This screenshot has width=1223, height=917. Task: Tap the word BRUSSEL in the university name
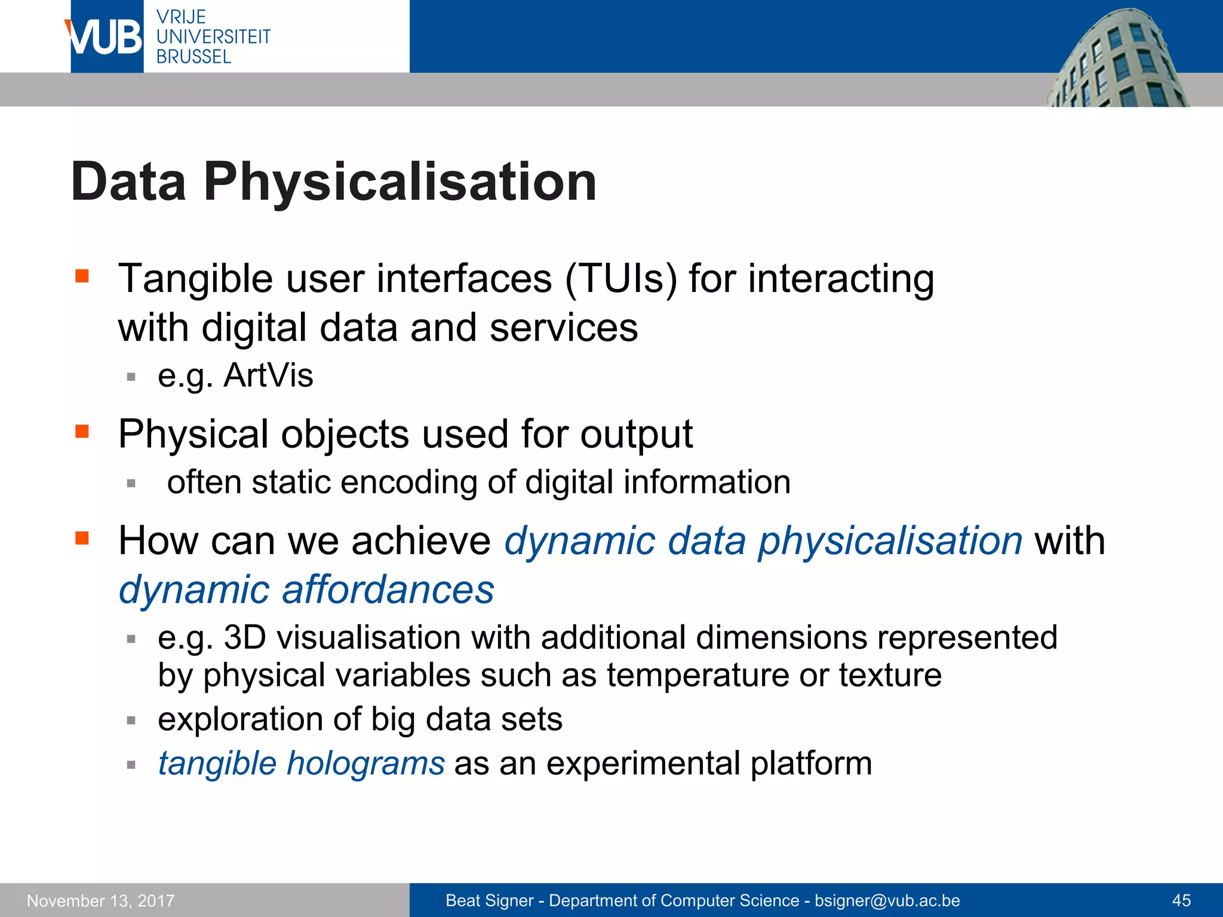193,57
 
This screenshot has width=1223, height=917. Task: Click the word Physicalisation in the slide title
400,181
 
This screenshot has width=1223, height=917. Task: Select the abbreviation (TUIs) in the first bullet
620,279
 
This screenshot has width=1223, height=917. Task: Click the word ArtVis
268,376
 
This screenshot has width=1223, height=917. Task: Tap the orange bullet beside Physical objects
82,431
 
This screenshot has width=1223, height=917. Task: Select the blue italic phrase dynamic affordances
306,590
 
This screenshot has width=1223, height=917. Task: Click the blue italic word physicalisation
890,541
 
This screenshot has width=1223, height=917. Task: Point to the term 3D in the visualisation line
245,637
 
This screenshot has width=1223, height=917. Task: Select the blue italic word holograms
365,764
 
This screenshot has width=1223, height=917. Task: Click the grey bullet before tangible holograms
131,765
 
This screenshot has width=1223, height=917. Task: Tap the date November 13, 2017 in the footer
101,901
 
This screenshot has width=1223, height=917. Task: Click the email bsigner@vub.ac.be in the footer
887,901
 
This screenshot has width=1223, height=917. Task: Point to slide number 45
1181,901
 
